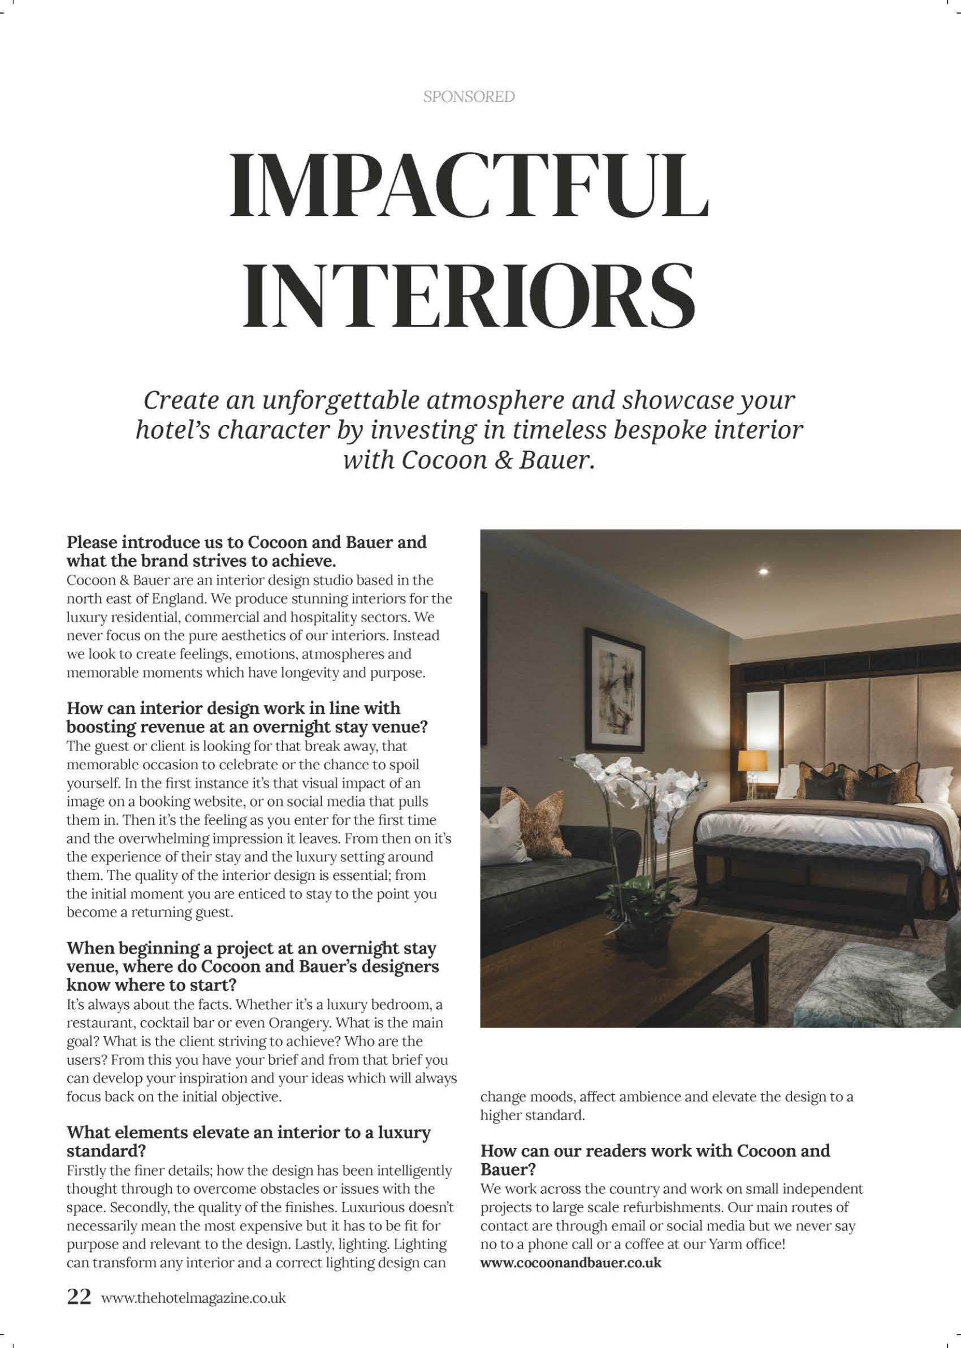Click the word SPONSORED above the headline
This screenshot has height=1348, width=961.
click(469, 97)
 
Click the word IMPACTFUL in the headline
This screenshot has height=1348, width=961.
click(468, 187)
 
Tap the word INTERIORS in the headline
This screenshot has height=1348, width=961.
click(468, 296)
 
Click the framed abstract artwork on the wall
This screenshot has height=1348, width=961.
click(615, 691)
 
